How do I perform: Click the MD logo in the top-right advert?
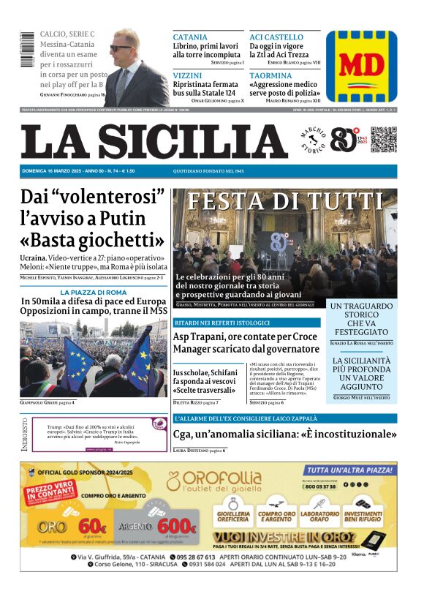(361, 66)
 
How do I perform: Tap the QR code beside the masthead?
(384, 140)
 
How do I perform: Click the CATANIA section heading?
(190, 37)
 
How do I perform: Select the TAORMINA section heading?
(270, 75)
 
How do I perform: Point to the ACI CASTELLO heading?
(276, 37)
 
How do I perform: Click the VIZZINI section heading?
(189, 75)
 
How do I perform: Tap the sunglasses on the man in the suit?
(121, 48)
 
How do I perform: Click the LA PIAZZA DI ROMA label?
(94, 293)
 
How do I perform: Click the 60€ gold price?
(91, 525)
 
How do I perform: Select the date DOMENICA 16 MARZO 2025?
(52, 171)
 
